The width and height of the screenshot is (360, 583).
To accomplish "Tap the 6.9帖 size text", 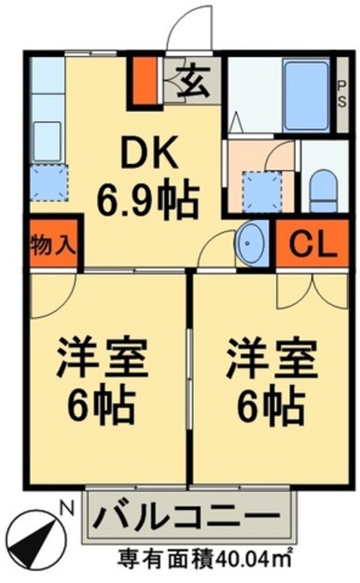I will click(x=148, y=203).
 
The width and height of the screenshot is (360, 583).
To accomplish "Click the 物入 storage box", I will click(x=53, y=246).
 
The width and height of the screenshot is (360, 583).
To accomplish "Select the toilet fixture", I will click(x=325, y=187).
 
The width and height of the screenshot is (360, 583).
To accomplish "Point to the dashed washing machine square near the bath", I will click(x=261, y=191).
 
